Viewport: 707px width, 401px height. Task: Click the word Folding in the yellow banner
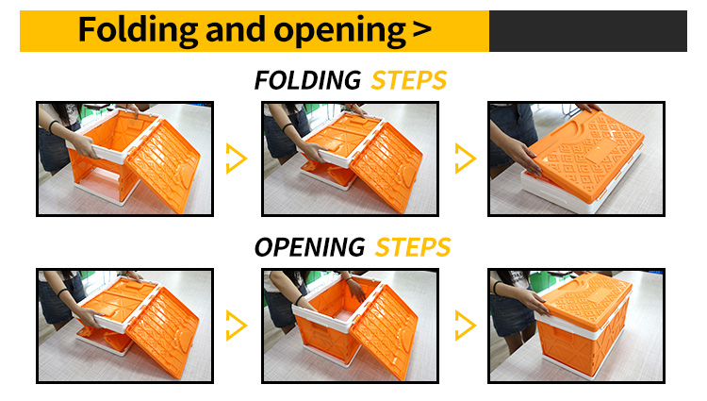pyautogui.click(x=138, y=31)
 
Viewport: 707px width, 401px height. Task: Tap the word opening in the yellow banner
pyautogui.click(x=339, y=31)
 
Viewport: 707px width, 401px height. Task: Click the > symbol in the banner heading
pyautogui.click(x=421, y=30)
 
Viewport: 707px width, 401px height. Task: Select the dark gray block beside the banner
pyautogui.click(x=588, y=31)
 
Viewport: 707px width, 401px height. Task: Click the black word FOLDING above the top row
pyautogui.click(x=307, y=80)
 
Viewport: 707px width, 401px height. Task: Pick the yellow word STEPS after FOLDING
pyautogui.click(x=408, y=80)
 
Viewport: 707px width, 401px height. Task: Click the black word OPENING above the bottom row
pyautogui.click(x=310, y=247)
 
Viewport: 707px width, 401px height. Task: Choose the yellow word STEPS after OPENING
pyautogui.click(x=413, y=247)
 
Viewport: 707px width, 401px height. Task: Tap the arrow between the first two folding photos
pyautogui.click(x=237, y=159)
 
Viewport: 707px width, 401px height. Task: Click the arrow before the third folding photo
pyautogui.click(x=466, y=159)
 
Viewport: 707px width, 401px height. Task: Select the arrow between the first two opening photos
pyautogui.click(x=237, y=326)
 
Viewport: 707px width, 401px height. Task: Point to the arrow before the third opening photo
pyautogui.click(x=466, y=326)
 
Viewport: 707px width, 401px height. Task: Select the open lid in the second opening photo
pyautogui.click(x=385, y=331)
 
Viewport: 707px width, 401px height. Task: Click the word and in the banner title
pyautogui.click(x=235, y=30)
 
